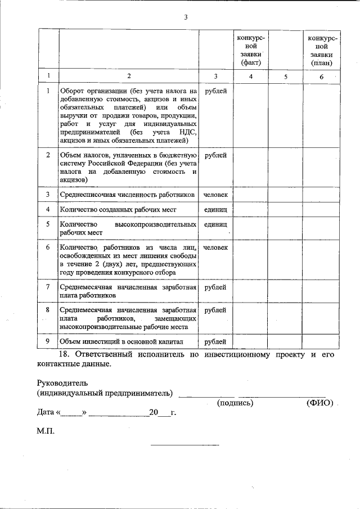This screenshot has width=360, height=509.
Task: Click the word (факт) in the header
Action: [251, 62]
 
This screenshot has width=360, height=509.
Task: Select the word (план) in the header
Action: [321, 62]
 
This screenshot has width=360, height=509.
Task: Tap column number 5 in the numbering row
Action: [286, 76]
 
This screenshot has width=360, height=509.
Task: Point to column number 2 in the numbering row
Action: [128, 76]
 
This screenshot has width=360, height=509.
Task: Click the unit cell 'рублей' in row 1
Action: [215, 91]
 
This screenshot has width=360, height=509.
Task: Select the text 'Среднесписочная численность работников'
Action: [128, 195]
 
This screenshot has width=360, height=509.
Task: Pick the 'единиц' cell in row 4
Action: [215, 209]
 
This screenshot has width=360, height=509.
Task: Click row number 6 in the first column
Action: [48, 247]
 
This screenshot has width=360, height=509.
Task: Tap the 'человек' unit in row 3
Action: [215, 195]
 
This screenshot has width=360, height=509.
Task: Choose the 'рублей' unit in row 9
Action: [215, 341]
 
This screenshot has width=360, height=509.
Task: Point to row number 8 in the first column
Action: [48, 310]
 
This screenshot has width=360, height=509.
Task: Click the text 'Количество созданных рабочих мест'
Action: [118, 209]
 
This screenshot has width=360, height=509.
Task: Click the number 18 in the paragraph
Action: [64, 355]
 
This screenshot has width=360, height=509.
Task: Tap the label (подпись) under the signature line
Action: [235, 403]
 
